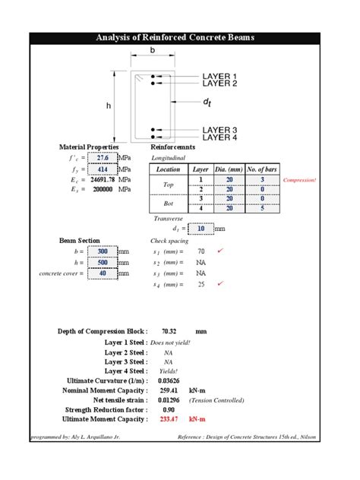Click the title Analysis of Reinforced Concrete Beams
[180, 37]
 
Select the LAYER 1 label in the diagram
[219, 76]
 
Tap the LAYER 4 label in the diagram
[219, 137]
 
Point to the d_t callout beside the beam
[206, 101]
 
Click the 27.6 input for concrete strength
[103, 158]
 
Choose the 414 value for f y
[103, 170]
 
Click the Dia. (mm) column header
[230, 169]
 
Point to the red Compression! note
[298, 180]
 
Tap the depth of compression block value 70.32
[169, 331]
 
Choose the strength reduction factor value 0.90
[169, 409]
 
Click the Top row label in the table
[169, 185]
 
